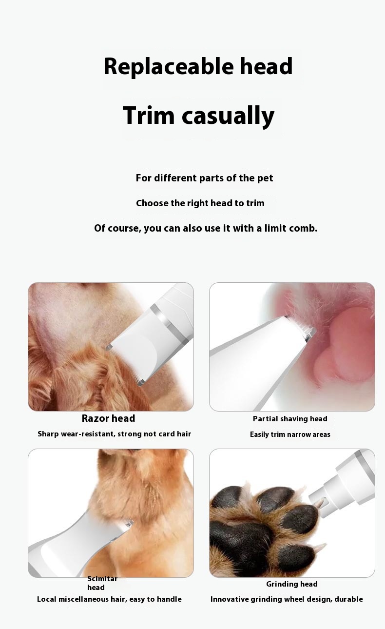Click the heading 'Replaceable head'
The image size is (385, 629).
[x=198, y=67]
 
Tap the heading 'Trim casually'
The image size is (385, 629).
[x=198, y=116]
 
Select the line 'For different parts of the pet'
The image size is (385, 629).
[x=204, y=178]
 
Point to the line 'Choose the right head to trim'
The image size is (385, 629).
[x=200, y=203]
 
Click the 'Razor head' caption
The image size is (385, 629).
[x=108, y=418]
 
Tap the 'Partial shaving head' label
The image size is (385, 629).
[x=290, y=419]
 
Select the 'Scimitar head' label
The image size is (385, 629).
[x=102, y=583]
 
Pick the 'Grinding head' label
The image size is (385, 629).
[x=292, y=584]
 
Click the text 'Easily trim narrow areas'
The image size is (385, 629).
[x=290, y=434]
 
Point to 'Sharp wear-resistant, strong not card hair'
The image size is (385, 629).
[x=114, y=434]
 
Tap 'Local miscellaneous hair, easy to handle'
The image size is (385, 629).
[x=109, y=599]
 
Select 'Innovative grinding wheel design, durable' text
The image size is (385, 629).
[x=287, y=599]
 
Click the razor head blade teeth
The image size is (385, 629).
[x=125, y=365]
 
